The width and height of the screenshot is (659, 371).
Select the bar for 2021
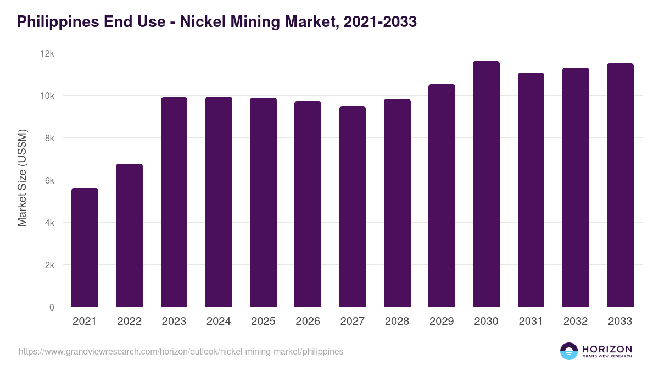[x=85, y=247]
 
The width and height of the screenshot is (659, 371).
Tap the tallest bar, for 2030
[x=486, y=184]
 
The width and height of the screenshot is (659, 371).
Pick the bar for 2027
[x=352, y=207]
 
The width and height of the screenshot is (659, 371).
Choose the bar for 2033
[x=620, y=185]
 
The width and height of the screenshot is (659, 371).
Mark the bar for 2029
[x=442, y=196]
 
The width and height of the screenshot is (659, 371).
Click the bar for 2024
[x=219, y=202]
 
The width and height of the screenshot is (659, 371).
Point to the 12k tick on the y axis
[x=48, y=53]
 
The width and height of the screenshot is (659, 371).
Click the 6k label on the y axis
[x=49, y=180]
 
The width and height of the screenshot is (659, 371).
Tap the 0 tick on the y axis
[x=52, y=307]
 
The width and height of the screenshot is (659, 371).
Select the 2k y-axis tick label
[x=49, y=265]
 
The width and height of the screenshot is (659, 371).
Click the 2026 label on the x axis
[x=308, y=322]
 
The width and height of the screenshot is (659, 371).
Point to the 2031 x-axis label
[x=530, y=322]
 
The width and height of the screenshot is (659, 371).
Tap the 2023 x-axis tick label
[x=174, y=322]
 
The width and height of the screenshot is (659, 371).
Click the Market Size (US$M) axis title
[x=22, y=178]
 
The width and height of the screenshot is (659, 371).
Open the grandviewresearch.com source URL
[x=181, y=351]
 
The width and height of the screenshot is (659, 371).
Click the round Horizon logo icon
[x=569, y=351]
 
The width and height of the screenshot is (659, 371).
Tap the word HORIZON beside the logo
[x=607, y=348]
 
